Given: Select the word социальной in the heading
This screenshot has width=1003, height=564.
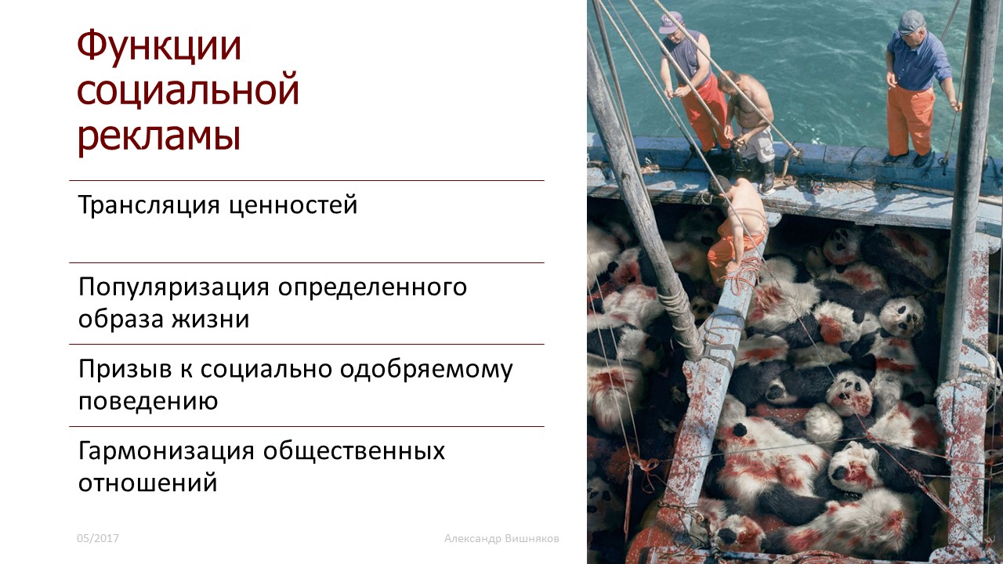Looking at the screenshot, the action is point(188,89).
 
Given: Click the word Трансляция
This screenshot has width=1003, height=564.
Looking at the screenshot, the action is point(149,205).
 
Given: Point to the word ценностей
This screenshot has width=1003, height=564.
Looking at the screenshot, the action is point(293,205).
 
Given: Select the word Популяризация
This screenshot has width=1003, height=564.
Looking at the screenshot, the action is point(174,287).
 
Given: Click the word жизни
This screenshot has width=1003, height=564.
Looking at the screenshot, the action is point(211,320).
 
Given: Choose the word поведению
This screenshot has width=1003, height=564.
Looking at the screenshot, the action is point(148,401).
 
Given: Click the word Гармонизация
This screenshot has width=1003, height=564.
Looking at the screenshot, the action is point(166,451).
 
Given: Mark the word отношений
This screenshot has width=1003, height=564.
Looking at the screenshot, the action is point(148,483).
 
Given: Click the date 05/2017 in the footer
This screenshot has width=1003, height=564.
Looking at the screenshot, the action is point(98,538).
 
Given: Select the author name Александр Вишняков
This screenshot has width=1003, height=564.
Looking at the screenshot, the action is point(501,538).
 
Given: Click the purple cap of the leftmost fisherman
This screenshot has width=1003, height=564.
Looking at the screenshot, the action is point(670,22).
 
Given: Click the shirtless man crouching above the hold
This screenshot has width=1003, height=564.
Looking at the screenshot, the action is point(735,230).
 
